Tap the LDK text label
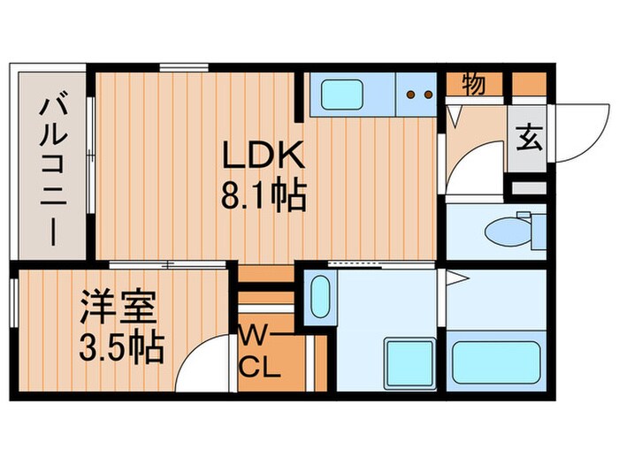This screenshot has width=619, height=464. tap(263, 157)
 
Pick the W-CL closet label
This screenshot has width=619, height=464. tap(262, 351)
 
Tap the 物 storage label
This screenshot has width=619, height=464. tap(473, 85)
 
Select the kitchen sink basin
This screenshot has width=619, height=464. tap(348, 93)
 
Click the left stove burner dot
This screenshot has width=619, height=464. tap(410, 92)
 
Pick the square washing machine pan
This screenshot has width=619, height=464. tap(408, 363)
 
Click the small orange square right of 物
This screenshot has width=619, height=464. tap(530, 84)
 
